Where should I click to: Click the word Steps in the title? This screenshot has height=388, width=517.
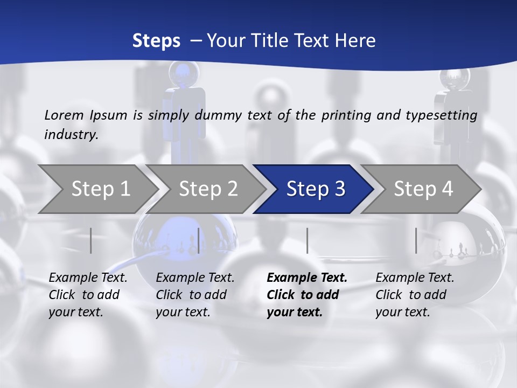pyautogui.click(x=156, y=41)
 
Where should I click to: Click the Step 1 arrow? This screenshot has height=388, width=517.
pyautogui.click(x=100, y=189)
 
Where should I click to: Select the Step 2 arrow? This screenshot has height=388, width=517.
pyautogui.click(x=208, y=189)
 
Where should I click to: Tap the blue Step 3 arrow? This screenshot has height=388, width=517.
pyautogui.click(x=316, y=189)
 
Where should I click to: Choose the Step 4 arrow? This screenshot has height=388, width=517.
pyautogui.click(x=423, y=189)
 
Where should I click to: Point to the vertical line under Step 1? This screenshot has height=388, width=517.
pyautogui.click(x=91, y=240)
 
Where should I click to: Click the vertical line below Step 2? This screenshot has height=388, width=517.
pyautogui.click(x=199, y=240)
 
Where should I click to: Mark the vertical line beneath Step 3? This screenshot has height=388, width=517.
pyautogui.click(x=307, y=240)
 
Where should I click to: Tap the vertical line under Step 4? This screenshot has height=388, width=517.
pyautogui.click(x=416, y=240)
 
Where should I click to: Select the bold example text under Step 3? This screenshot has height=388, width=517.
pyautogui.click(x=306, y=295)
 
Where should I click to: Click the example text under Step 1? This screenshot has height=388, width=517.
pyautogui.click(x=88, y=295)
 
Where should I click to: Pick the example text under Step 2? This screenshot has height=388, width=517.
pyautogui.click(x=195, y=295)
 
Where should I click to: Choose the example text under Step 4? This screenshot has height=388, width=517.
pyautogui.click(x=415, y=295)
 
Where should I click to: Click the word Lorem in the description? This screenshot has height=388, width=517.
pyautogui.click(x=64, y=115)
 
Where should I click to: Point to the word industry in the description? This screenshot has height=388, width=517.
pyautogui.click(x=71, y=135)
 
